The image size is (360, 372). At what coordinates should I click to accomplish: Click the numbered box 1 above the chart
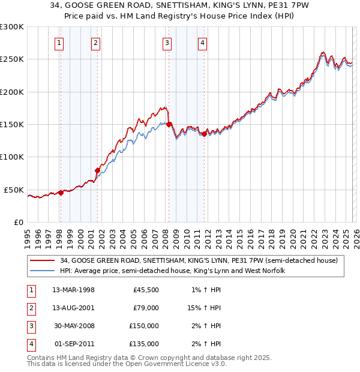60,43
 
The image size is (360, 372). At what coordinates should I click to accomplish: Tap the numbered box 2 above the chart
96,43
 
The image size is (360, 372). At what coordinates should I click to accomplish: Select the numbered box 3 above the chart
167,43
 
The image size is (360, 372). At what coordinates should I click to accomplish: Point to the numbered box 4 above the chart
203,43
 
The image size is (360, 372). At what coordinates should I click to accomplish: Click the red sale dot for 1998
61,193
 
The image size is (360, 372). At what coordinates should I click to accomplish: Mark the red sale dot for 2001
97,170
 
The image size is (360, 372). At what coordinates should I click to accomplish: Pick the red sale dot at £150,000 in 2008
169,124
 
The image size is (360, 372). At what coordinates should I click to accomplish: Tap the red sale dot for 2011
204,134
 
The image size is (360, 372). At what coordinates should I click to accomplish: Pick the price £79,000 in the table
145,307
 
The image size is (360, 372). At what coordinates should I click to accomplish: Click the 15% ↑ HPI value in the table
204,307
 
